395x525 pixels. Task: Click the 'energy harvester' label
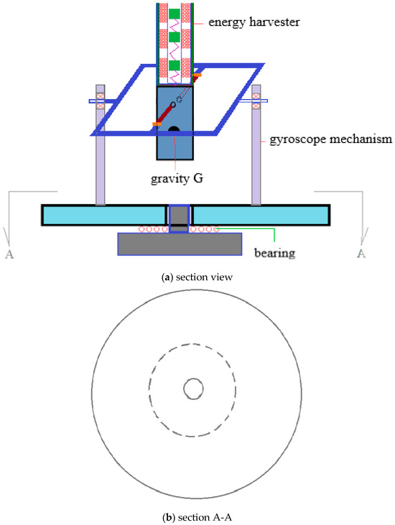254,22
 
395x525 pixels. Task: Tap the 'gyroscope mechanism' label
331,139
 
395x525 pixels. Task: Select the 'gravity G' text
177,178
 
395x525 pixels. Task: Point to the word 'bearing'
275,253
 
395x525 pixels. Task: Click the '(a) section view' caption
197,277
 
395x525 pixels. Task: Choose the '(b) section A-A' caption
197,517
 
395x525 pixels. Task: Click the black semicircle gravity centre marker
174,129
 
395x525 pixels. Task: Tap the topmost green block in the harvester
174,14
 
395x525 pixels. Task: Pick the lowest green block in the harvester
174,65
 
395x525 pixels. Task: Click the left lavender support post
100,144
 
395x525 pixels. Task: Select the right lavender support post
256,144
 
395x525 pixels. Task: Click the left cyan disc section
104,215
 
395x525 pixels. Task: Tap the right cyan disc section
261,215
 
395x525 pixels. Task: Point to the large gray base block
180,244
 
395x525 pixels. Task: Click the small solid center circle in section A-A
193,389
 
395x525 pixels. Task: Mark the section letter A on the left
9,254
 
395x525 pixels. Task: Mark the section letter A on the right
361,253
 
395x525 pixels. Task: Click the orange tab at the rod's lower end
157,124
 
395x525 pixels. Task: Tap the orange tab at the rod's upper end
197,75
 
